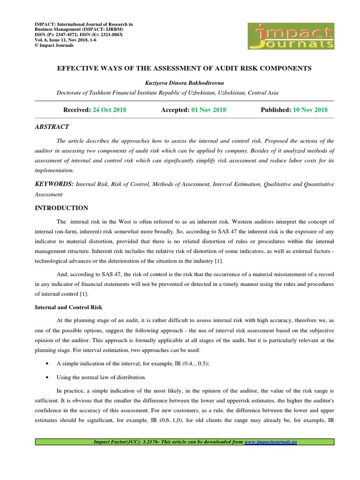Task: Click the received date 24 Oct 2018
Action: pos(109,110)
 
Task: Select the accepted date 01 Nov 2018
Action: pos(209,110)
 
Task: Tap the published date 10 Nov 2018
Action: pos(310,110)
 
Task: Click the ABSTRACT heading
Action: pos(52,127)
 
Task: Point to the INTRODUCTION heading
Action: pos(61,208)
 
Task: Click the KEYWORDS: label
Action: pos(54,184)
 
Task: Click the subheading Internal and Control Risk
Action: pos(69,307)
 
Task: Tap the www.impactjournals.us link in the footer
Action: pos(271,442)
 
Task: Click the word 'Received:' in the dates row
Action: pos(77,110)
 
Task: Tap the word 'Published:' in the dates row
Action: pos(276,110)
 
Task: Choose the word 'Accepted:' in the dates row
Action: pos(175,110)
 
